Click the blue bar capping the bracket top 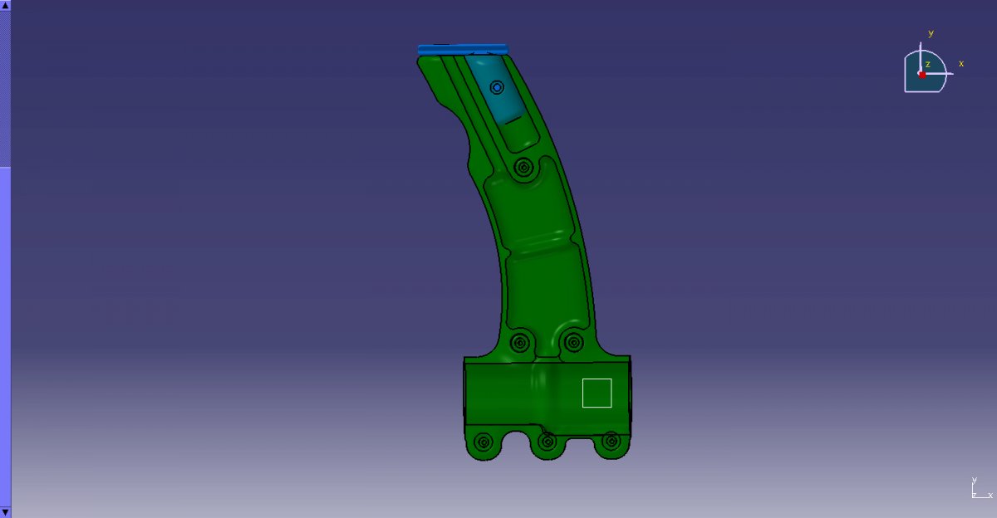pos(463,49)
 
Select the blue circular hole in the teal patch pos(497,88)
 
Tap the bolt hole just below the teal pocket pos(523,168)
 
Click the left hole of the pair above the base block pos(520,343)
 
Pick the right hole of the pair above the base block pos(574,342)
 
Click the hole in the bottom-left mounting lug pos(484,442)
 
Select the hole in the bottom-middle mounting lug pos(547,442)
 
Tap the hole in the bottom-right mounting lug pos(611,441)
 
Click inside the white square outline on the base pos(597,393)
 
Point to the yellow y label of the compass pos(931,33)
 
